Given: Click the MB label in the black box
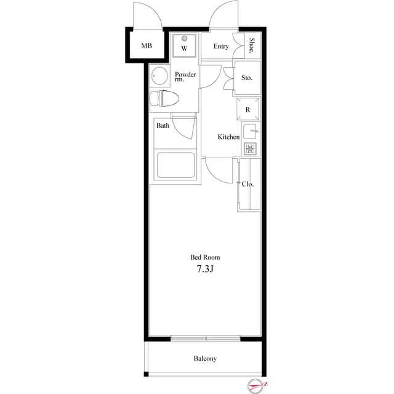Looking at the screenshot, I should (146, 46).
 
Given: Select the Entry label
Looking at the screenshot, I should (221, 47).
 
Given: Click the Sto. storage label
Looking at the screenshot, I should (247, 78).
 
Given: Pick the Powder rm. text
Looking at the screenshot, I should (185, 76).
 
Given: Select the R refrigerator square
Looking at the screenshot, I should (247, 109).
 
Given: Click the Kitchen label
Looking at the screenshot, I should (228, 137).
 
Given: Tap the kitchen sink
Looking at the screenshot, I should (249, 131).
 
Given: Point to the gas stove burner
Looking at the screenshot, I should (249, 148).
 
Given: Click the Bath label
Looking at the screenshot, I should (163, 126).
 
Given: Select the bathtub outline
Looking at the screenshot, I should (175, 165).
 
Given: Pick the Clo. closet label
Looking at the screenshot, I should (248, 184).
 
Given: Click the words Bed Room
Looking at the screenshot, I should (204, 257).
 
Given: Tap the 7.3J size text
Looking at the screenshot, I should (204, 269).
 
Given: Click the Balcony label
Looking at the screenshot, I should (205, 358).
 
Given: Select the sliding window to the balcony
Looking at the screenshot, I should (205, 338).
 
